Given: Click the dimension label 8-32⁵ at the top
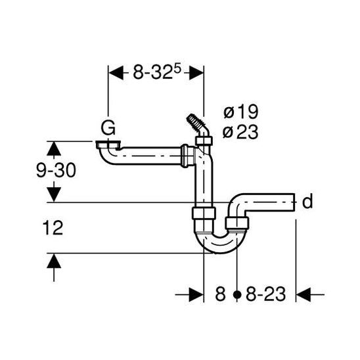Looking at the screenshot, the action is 157,72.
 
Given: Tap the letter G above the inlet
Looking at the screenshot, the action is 108,127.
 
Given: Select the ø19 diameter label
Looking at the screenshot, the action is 241,112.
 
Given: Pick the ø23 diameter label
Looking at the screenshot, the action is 240,132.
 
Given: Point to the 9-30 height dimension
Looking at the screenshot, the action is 56,170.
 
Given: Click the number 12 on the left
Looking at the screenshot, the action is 53,228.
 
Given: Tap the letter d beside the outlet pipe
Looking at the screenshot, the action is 307,201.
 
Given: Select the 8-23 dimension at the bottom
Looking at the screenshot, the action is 266,294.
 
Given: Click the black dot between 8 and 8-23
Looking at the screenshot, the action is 237,294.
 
